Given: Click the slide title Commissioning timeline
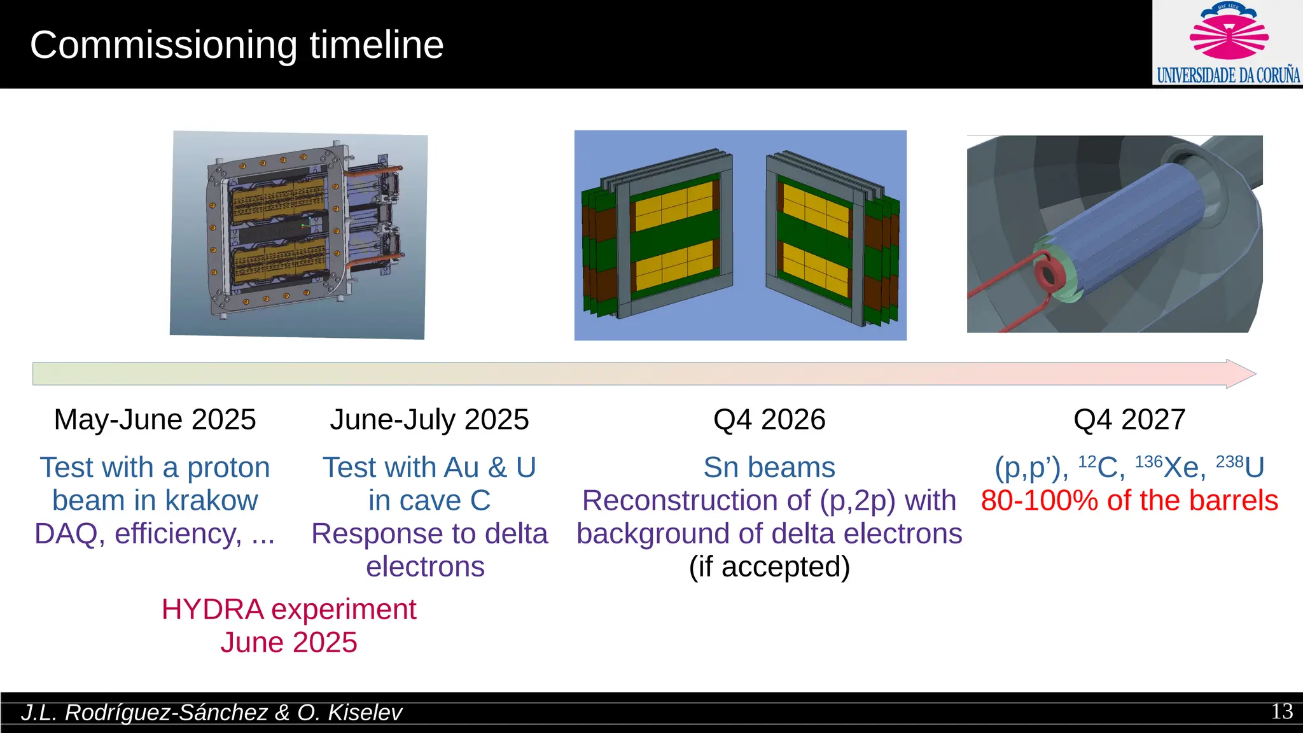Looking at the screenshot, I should coord(237,45).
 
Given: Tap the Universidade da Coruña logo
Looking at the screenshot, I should coord(1228,43).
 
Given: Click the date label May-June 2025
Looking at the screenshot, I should coord(155,420).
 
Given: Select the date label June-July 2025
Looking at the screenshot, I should coord(429,420).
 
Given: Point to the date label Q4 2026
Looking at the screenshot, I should coord(769,420).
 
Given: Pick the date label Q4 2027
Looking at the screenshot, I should coord(1129,420).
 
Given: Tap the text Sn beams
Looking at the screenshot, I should coord(769,468).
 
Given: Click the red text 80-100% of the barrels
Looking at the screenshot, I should coord(1129,501).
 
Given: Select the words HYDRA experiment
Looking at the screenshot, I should coord(289,610).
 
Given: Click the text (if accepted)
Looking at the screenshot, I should coord(769,567).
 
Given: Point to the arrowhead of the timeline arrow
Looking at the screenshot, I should coord(1241,374).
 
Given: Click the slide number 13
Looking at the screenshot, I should coord(1281,711).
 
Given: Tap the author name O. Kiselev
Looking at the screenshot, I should coord(350,713).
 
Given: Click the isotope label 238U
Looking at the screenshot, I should coord(1240,468).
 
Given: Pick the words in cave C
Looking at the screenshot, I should coord(429,501).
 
